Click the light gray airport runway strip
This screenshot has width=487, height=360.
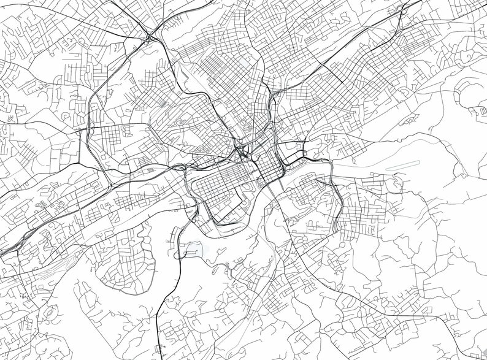(x=402, y=164)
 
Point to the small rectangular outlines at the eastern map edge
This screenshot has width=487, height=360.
(x=475, y=110)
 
